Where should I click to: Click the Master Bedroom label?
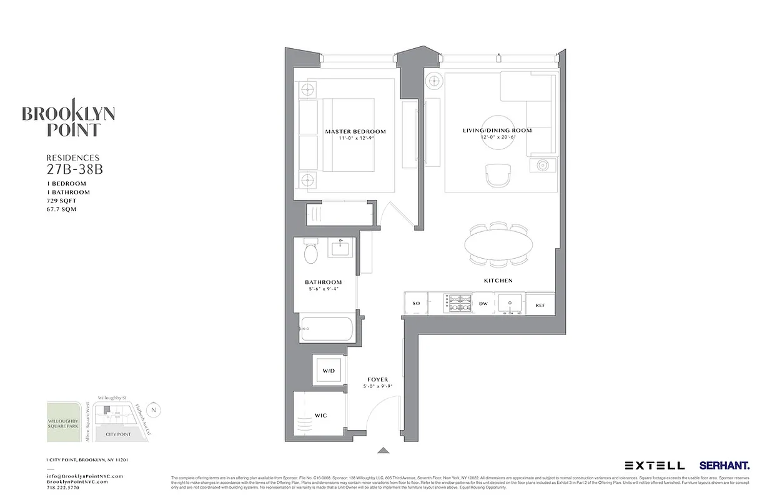coord(355,131)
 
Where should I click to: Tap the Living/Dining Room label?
coord(497,130)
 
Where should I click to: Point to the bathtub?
coord(327,329)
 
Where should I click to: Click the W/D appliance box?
coord(329,371)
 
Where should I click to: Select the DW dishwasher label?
coord(483,304)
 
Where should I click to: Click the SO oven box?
coord(416,304)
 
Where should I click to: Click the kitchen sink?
coord(510,304)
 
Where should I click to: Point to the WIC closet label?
coord(321,416)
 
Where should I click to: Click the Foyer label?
coord(378,379)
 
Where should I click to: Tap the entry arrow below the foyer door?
coord(383,449)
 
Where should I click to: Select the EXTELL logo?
coord(655,466)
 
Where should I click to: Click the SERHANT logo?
coord(725,466)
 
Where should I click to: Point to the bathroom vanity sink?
coord(341,248)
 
